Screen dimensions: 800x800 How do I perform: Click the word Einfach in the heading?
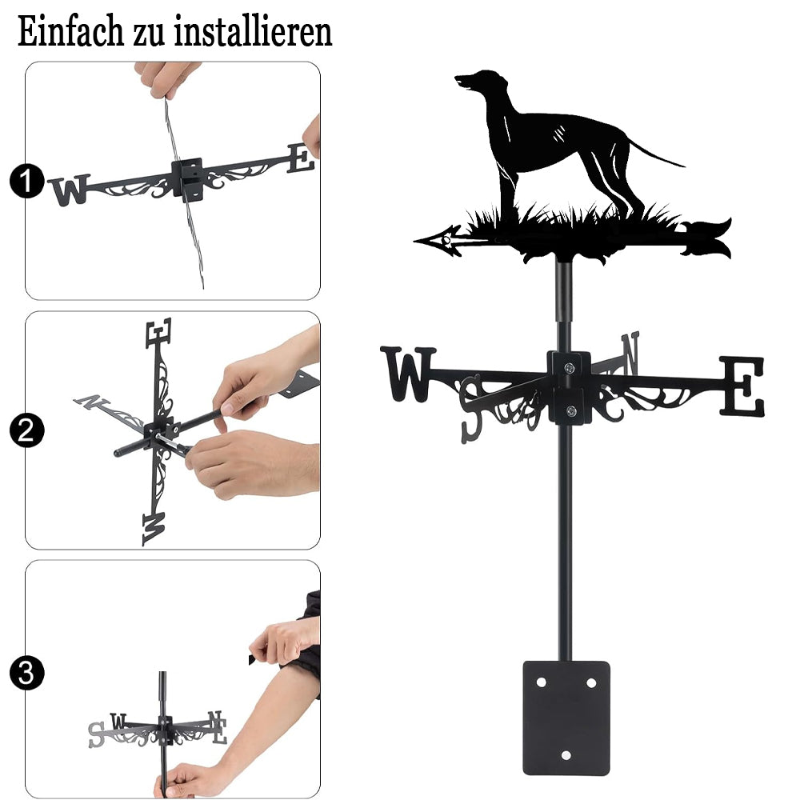tap(71, 32)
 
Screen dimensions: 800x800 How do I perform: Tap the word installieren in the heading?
tap(253, 32)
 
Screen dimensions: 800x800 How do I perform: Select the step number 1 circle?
tap(26, 181)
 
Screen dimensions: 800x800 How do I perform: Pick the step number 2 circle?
tap(26, 430)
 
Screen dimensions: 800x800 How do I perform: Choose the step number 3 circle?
tap(26, 673)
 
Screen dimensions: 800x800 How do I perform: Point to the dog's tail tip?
tap(684, 166)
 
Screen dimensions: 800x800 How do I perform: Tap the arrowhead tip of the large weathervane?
tap(414, 239)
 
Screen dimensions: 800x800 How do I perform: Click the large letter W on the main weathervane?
tap(408, 374)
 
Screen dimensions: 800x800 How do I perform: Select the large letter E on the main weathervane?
tap(742, 386)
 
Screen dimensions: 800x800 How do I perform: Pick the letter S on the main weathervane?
tap(472, 408)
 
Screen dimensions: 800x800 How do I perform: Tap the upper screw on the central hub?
tap(570, 367)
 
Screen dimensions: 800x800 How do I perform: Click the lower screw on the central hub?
tap(571, 410)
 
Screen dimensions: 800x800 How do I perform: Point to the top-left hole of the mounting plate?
tap(542, 682)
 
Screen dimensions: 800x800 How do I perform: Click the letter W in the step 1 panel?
tap(70, 190)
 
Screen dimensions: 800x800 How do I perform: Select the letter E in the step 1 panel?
tap(301, 158)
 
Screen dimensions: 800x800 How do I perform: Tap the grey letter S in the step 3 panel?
tap(97, 734)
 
